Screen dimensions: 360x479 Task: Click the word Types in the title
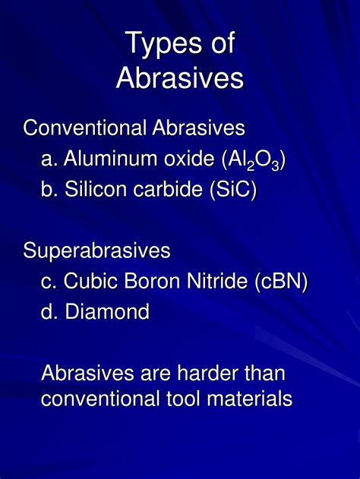[x=164, y=43]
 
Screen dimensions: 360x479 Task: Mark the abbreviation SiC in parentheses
[x=233, y=189]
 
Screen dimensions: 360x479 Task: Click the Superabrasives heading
[x=97, y=251]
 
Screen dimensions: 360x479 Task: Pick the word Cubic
[x=91, y=280]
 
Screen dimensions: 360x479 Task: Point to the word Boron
[x=153, y=281]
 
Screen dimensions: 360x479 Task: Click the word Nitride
[x=217, y=280]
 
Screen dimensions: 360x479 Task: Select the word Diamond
[x=107, y=311]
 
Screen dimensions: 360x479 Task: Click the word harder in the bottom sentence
[x=207, y=373]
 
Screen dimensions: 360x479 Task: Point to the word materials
[x=250, y=399]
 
